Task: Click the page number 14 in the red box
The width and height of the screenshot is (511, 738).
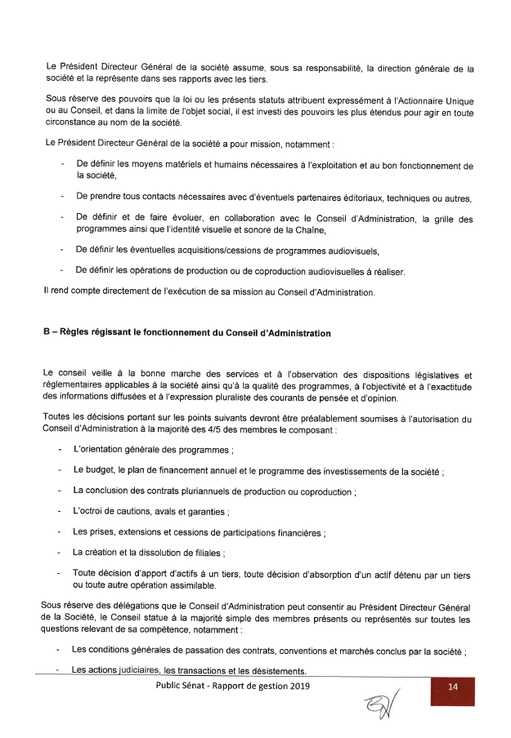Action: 452,687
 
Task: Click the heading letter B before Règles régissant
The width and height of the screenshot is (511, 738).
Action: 47,333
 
